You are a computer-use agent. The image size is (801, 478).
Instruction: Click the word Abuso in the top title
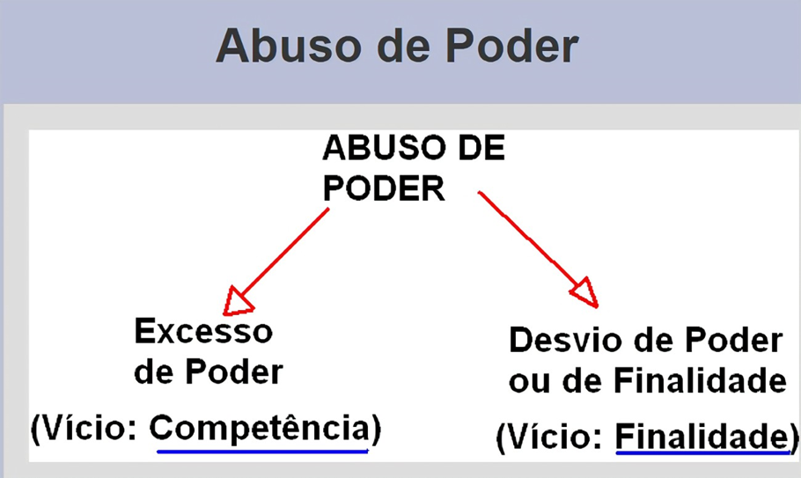pos(289,46)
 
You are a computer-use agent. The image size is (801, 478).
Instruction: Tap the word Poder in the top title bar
pos(512,46)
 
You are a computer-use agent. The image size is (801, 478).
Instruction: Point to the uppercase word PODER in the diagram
pos(384,188)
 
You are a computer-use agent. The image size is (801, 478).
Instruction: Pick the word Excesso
pos(203,331)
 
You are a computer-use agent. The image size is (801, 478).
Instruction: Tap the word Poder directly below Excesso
pos(234,371)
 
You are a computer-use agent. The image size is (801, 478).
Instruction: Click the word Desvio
pos(569,340)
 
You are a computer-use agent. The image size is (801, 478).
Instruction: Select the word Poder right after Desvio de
pos(733,340)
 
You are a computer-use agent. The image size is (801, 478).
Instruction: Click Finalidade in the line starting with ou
pos(700,380)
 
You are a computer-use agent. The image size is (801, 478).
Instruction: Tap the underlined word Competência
pos(260,428)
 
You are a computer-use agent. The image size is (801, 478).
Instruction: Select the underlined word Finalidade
pos(702,437)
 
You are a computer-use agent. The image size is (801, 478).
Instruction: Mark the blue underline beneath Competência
pos(262,452)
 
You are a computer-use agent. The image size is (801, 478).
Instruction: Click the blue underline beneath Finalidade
pos(703,452)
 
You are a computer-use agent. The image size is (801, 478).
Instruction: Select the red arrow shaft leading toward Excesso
pos(284,253)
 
